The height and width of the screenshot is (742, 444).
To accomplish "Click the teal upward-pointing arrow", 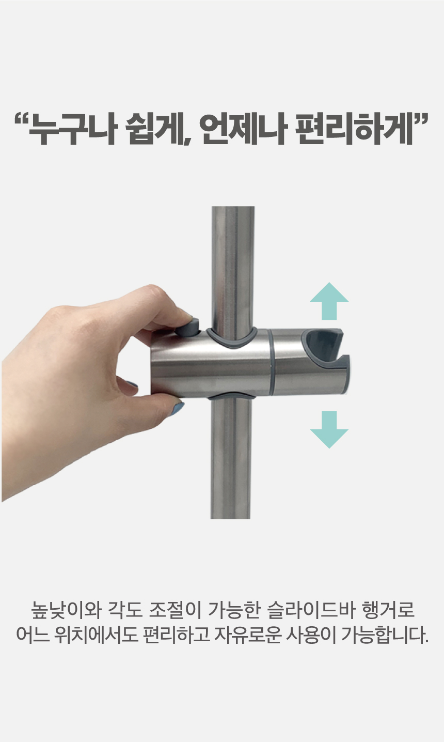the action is (329, 301).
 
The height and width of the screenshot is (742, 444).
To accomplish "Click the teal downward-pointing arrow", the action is (329, 429).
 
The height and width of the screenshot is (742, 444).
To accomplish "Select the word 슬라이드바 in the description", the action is (310, 610).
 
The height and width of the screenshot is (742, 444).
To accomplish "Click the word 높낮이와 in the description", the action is (66, 610).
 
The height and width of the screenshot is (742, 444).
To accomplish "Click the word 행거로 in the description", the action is (388, 610).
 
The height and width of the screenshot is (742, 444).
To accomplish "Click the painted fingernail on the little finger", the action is (132, 384).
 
